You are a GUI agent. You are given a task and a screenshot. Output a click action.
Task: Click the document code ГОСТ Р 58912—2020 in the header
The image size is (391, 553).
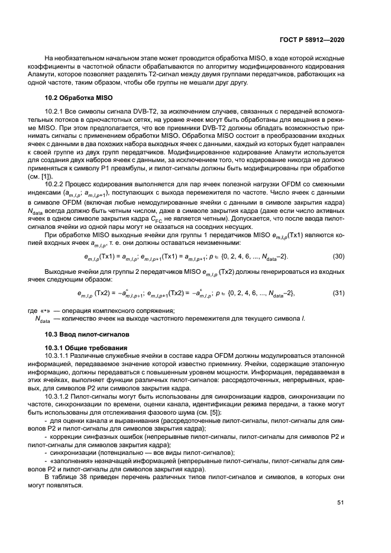[x=312, y=40]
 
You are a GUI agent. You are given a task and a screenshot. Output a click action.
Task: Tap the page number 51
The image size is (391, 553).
[x=341, y=503]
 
